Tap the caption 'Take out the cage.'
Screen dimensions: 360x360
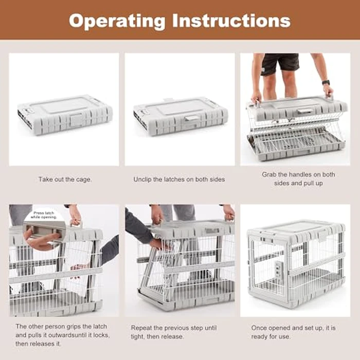65,179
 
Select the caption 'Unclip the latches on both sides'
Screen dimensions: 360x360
179,179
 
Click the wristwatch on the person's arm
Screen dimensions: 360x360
326,82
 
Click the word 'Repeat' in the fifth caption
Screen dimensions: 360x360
142,328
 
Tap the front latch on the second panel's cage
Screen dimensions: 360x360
192,118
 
